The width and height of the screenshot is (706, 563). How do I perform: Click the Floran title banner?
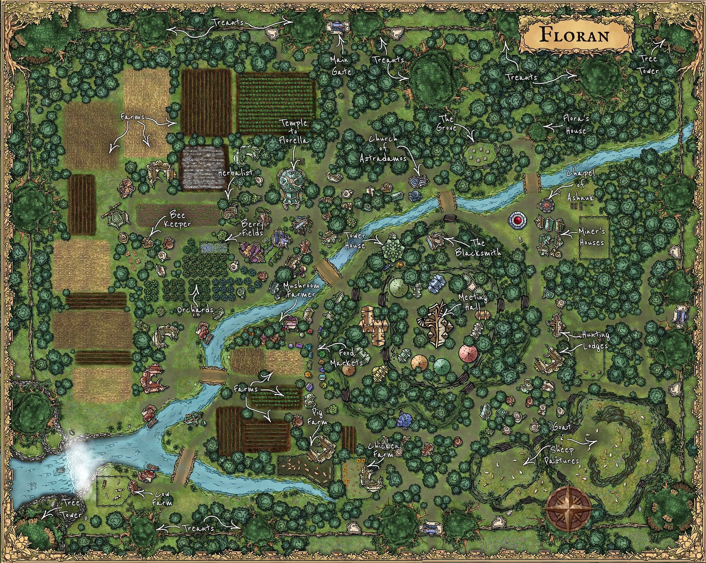coord(575,35)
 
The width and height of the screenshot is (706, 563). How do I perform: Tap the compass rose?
coord(568,508)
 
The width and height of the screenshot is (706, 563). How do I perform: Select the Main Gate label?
coord(341,65)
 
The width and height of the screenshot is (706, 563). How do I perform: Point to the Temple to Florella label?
coord(294,132)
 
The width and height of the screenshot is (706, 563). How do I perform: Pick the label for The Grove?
coord(446,123)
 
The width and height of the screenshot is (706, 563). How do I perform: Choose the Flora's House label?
coord(576,124)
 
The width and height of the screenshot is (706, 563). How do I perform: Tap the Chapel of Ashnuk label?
coord(581,185)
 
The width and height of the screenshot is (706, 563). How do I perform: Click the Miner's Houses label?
coord(591,237)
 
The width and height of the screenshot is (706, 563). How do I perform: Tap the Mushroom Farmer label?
coord(301,290)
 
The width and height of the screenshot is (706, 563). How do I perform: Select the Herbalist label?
coord(235,173)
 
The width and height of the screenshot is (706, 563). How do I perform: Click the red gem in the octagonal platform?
coord(518,220)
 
